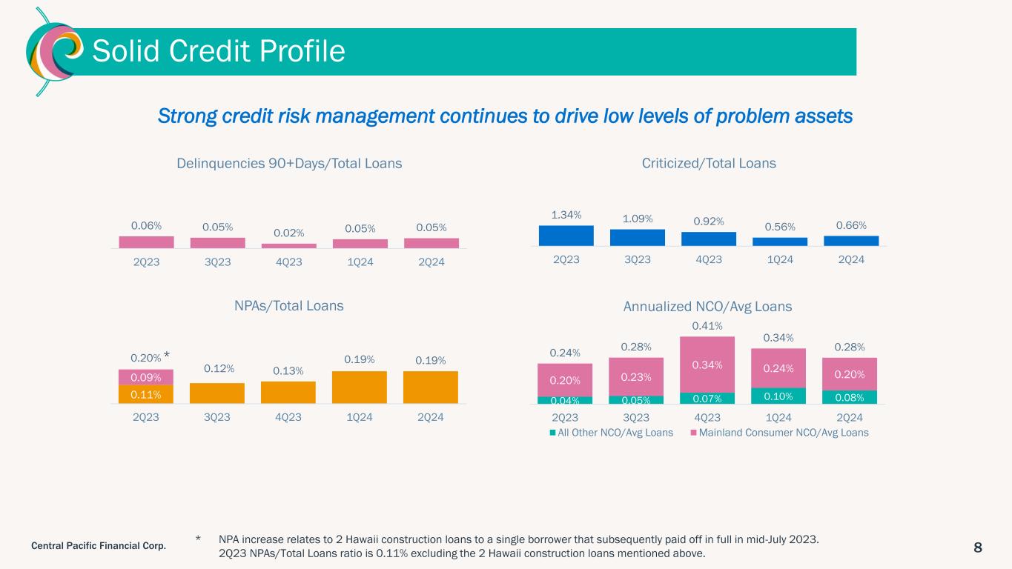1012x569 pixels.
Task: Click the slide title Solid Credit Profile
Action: [218, 51]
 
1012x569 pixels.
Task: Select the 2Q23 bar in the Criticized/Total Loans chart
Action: [566, 236]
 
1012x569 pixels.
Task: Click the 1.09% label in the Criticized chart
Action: [637, 219]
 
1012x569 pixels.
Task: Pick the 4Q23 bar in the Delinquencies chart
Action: [288, 246]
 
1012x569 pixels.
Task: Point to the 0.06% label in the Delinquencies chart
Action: [146, 225]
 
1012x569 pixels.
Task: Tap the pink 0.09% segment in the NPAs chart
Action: [146, 377]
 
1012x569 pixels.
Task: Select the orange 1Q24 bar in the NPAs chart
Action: [360, 387]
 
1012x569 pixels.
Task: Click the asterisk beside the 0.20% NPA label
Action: [167, 357]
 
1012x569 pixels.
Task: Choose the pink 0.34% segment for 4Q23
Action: [708, 365]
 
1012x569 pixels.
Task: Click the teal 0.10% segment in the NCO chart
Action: [778, 396]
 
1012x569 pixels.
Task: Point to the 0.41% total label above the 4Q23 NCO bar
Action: [708, 326]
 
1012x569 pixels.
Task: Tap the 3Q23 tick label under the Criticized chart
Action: [637, 260]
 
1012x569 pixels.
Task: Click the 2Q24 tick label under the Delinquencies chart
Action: [431, 262]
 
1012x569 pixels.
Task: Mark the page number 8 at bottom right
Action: [978, 548]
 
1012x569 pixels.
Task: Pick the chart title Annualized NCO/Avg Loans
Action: [708, 306]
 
